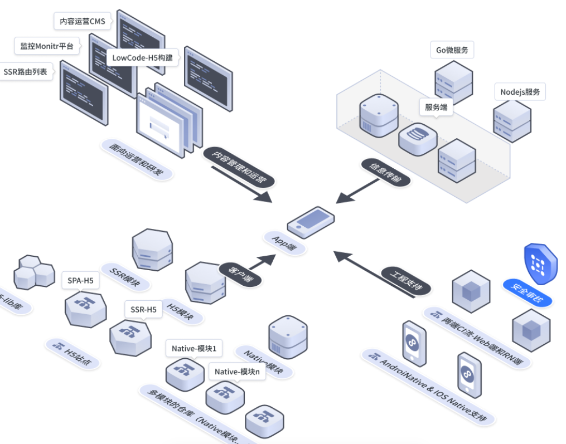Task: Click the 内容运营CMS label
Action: [x=83, y=22]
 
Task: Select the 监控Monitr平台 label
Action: [x=47, y=46]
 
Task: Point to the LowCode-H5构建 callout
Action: [x=142, y=57]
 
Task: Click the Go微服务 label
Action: [x=452, y=50]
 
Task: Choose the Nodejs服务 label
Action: [x=520, y=92]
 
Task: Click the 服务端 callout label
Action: [x=436, y=108]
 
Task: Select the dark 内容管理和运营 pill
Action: [x=238, y=168]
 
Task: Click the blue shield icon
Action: [x=540, y=263]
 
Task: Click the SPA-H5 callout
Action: [x=80, y=280]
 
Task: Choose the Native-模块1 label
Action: [x=194, y=349]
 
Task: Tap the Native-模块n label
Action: [x=237, y=372]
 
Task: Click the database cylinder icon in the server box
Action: [x=418, y=139]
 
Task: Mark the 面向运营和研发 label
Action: [x=137, y=159]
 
